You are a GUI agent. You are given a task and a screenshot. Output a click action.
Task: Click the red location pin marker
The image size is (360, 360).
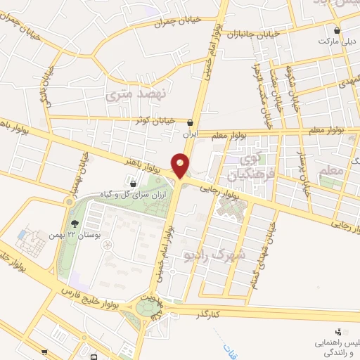click(x=182, y=165)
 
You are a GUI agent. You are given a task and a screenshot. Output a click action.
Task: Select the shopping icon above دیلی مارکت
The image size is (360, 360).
click(x=337, y=31)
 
